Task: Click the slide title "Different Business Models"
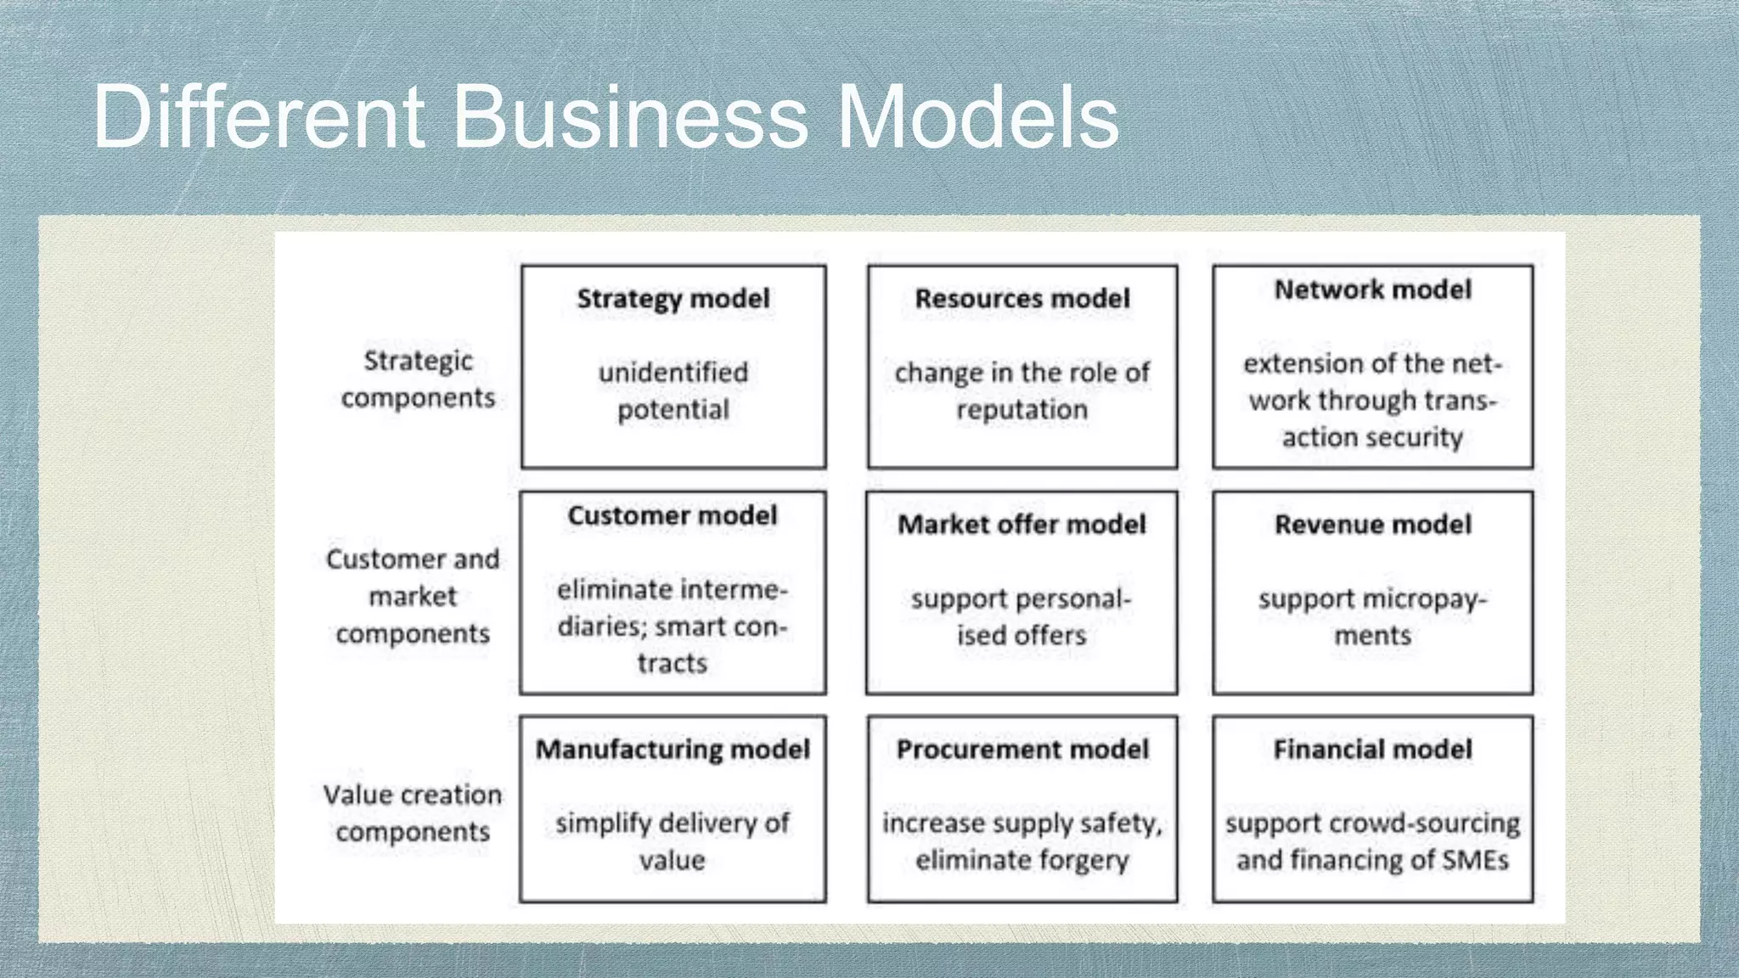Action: [x=605, y=116]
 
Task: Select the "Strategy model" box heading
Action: [x=673, y=299]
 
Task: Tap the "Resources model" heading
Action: [x=1022, y=299]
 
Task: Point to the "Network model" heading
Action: [x=1373, y=290]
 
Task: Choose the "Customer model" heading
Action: [x=673, y=516]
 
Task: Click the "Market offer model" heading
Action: [x=1022, y=525]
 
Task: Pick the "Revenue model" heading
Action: [x=1373, y=525]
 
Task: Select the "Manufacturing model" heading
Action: [x=673, y=750]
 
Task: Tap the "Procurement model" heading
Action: [x=1022, y=750]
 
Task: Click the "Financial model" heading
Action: [x=1373, y=750]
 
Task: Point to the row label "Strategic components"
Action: [x=418, y=379]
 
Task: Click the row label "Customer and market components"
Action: [x=413, y=596]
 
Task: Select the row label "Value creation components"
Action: [x=413, y=813]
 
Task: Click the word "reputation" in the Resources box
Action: [x=1022, y=410]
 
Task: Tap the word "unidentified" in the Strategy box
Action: [x=673, y=373]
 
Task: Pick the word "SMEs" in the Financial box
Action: [x=1475, y=861]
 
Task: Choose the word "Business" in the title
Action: [x=630, y=116]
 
